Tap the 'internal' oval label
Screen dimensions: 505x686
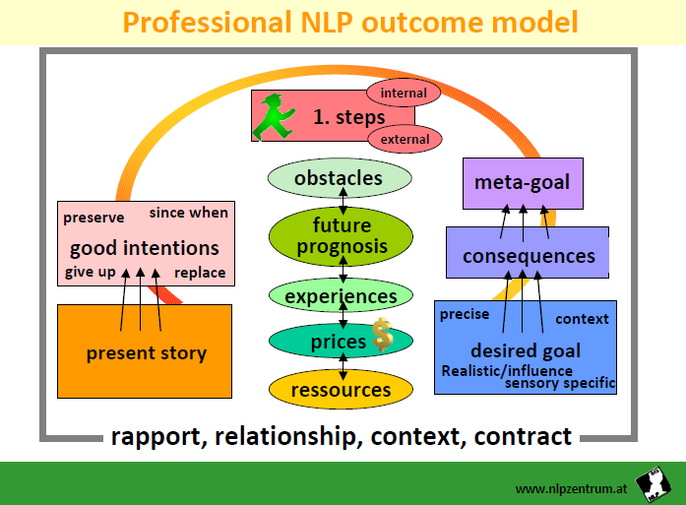404,94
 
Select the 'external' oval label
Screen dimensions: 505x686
405,140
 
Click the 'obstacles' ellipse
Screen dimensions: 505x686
339,178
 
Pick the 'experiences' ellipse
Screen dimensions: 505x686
341,296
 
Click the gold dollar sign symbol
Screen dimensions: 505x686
382,337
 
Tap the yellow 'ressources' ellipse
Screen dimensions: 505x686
341,390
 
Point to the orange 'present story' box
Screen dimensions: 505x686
146,352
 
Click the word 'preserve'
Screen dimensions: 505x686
93,218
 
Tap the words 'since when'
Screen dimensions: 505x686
188,213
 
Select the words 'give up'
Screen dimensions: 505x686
91,273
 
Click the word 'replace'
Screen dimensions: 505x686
200,273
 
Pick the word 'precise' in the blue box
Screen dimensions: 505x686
464,315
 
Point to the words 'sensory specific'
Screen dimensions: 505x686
559,383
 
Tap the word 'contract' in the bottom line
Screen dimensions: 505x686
523,436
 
